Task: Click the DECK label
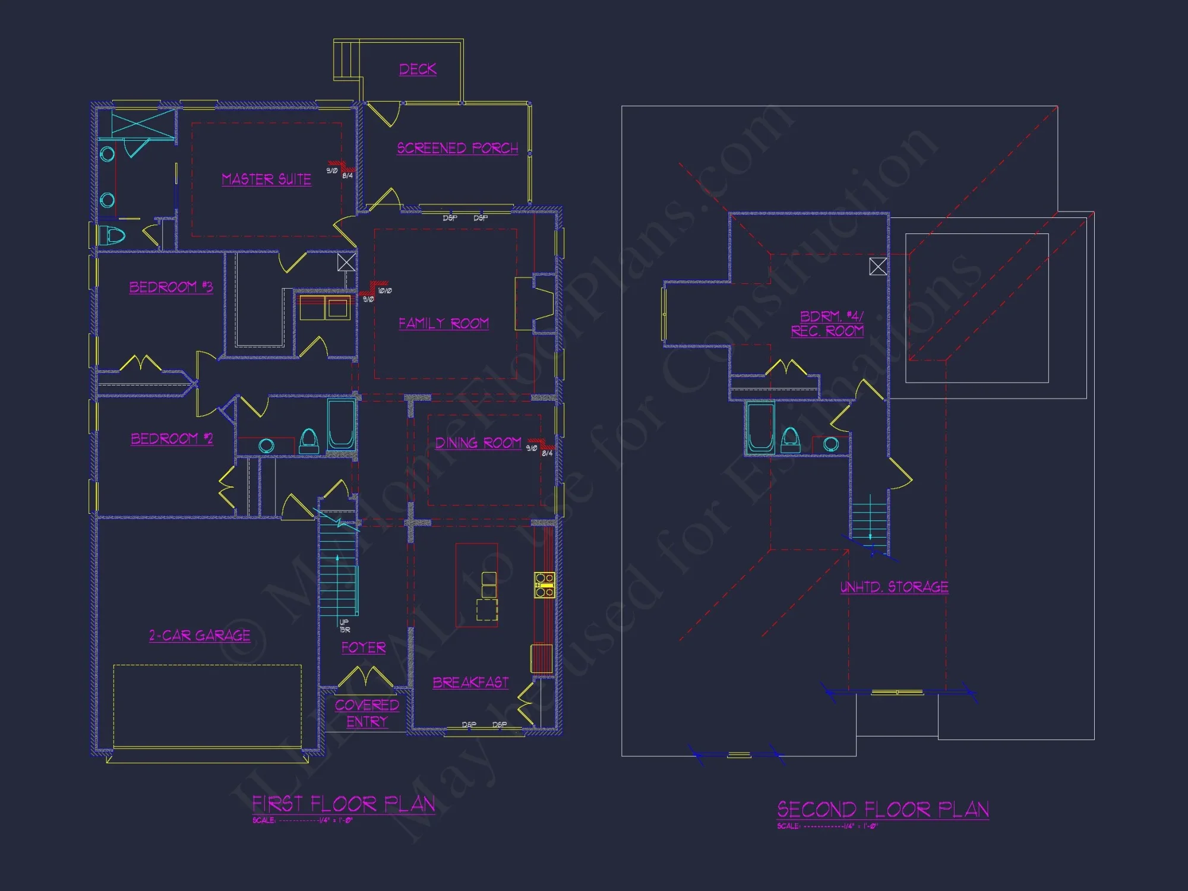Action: click(418, 69)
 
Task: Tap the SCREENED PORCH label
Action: click(457, 148)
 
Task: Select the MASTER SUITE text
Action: click(266, 179)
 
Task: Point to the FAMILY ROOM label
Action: click(443, 323)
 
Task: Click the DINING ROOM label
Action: click(478, 443)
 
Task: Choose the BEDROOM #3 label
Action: click(171, 287)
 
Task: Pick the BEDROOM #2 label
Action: click(172, 438)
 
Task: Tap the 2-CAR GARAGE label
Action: click(200, 636)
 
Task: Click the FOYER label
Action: click(364, 647)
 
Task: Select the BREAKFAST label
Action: click(470, 683)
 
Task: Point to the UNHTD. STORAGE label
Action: click(894, 587)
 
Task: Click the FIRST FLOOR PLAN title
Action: click(343, 804)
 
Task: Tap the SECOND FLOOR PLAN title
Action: click(883, 810)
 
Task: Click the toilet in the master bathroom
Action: click(112, 236)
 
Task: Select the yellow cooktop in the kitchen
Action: click(544, 584)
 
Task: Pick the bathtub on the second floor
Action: click(760, 427)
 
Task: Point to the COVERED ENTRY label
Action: click(366, 713)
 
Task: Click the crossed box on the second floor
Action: click(877, 266)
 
